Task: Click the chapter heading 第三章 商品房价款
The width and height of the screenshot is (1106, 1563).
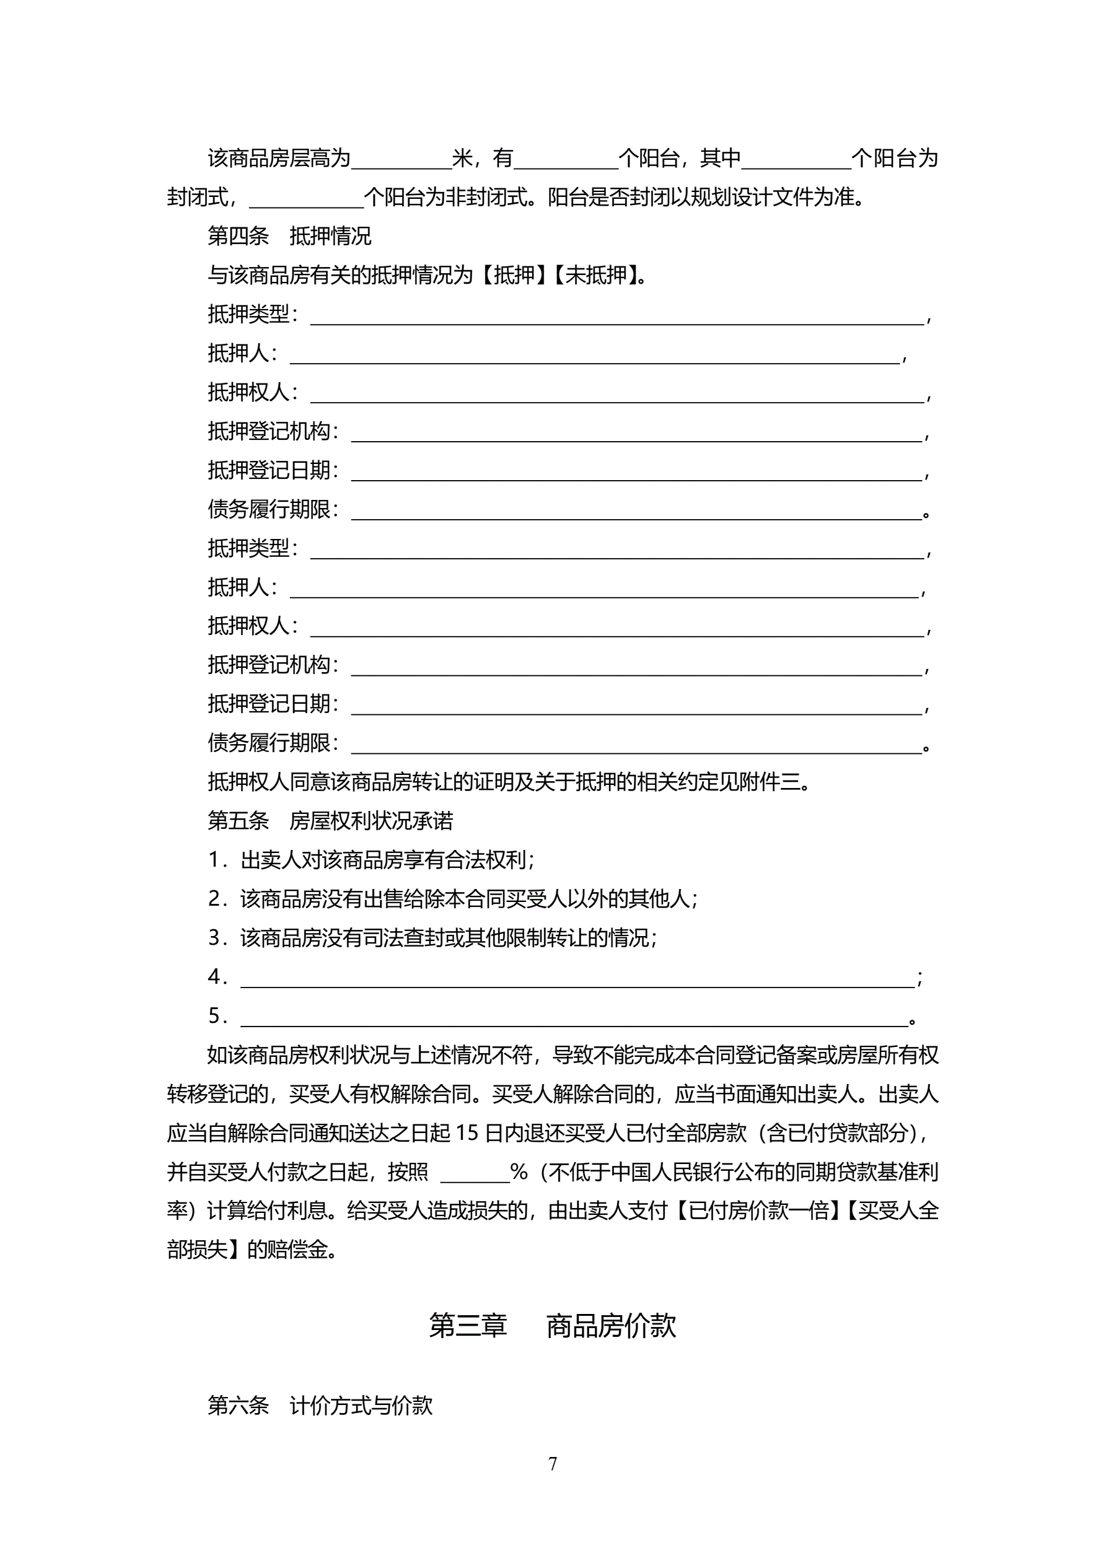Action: click(x=552, y=1325)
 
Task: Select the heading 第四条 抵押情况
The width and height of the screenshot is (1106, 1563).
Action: click(x=289, y=236)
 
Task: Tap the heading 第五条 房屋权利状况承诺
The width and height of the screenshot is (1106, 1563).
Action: click(x=330, y=821)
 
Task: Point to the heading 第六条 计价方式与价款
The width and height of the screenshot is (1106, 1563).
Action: click(x=320, y=1405)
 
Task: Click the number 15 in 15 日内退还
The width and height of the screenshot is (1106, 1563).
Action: click(x=467, y=1133)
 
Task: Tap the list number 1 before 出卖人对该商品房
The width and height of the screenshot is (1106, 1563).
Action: click(x=214, y=860)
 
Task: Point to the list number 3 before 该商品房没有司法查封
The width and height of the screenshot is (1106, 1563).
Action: click(x=214, y=938)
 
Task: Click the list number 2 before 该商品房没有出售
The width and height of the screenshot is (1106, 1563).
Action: click(x=214, y=900)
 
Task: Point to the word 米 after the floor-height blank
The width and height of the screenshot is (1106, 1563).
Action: click(x=462, y=159)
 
